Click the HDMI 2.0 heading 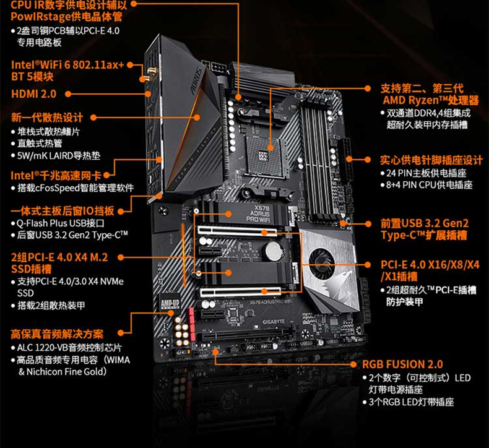[34, 94]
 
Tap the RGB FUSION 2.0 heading [402, 364]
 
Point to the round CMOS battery [273, 250]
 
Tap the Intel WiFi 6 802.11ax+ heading [67, 64]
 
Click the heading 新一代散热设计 [46, 118]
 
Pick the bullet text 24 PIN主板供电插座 [426, 173]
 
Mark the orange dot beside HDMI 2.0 [67, 94]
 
